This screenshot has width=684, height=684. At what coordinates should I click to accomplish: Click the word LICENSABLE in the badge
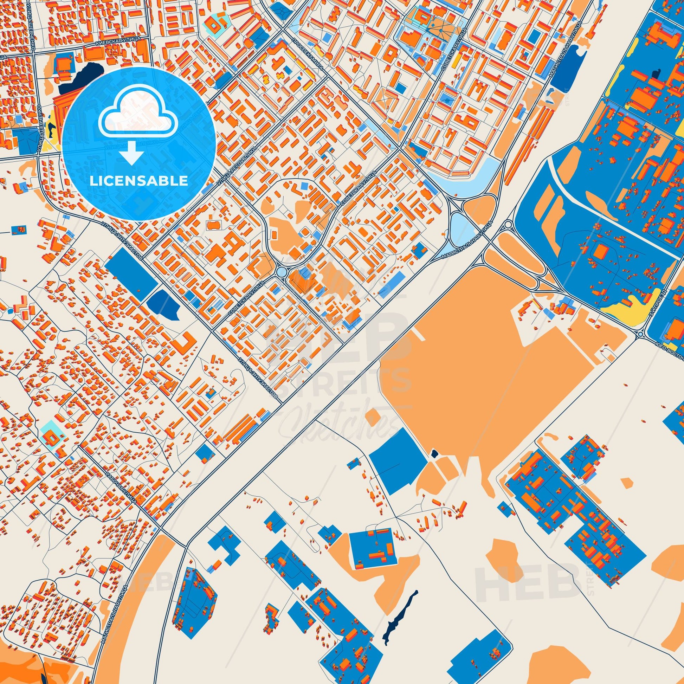point(139,181)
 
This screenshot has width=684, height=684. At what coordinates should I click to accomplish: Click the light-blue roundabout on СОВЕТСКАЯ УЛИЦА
point(282,272)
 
